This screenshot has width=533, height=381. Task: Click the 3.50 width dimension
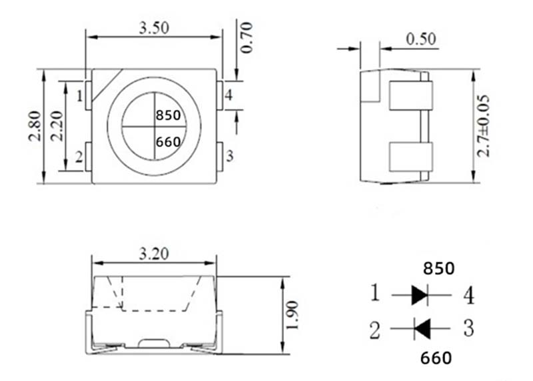[154, 28]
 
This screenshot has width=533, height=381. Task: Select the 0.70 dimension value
[247, 37]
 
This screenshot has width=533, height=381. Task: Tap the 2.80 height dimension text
[35, 126]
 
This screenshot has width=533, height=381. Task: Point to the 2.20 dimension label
[57, 126]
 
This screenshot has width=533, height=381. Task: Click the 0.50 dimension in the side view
[421, 39]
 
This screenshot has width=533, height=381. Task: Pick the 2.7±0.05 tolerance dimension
[483, 126]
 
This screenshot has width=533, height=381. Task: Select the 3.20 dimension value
[154, 254]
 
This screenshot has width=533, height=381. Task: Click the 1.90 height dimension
[292, 315]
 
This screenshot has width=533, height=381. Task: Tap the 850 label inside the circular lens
[168, 115]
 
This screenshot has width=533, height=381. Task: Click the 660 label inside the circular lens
[168, 142]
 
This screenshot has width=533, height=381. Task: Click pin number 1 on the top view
[79, 96]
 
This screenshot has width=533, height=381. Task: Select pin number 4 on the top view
[229, 95]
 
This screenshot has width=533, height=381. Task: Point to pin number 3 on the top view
[230, 156]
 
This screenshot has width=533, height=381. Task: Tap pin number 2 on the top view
[79, 157]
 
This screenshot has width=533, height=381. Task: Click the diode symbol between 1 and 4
[420, 295]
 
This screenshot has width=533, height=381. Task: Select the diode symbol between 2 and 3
[422, 328]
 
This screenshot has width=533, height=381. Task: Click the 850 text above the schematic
[438, 268]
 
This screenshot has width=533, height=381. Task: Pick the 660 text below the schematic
[436, 358]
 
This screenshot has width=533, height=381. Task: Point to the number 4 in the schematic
[469, 295]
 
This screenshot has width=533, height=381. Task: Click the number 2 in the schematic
[374, 330]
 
